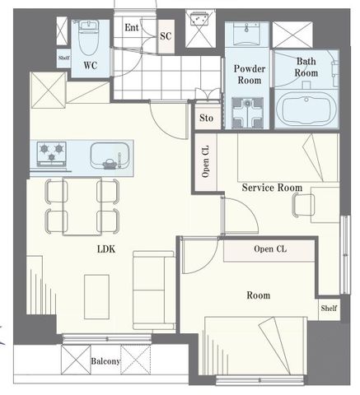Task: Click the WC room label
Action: [x=91, y=65]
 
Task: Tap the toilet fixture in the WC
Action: [x=88, y=39]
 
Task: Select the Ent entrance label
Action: [x=132, y=27]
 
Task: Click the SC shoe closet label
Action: [x=166, y=36]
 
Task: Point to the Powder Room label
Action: [x=250, y=74]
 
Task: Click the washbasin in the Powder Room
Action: [x=246, y=34]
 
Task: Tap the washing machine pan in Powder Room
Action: [x=248, y=113]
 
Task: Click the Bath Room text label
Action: [x=306, y=67]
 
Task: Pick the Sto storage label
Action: [x=206, y=118]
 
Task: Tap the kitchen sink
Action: [x=110, y=156]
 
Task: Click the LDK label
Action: [x=106, y=249]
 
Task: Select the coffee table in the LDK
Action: [x=96, y=297]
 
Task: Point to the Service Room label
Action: [x=272, y=188]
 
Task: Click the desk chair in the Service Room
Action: [x=303, y=205]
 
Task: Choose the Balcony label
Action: [x=105, y=361]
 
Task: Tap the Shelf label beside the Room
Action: [x=329, y=308]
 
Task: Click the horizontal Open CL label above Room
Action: [x=270, y=249]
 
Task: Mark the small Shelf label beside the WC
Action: [x=64, y=58]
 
